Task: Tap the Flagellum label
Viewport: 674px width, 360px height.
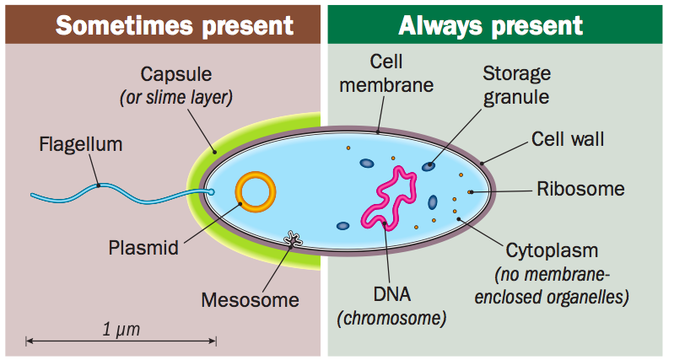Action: tap(81, 144)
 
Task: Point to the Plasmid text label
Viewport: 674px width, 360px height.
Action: tap(143, 248)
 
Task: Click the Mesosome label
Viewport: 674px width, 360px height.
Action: tap(251, 299)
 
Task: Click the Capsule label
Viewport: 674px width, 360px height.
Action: tap(175, 73)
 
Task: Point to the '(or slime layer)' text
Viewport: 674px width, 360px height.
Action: tap(175, 97)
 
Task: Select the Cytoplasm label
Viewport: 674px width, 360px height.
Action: tap(552, 251)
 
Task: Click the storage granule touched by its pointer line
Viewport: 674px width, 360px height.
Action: tap(429, 166)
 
